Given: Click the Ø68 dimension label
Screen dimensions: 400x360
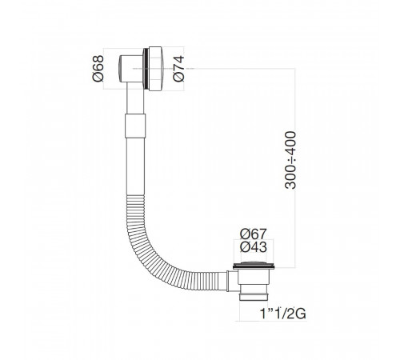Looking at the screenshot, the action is click(98, 69).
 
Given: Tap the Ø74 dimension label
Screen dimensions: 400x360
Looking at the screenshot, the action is click(178, 68).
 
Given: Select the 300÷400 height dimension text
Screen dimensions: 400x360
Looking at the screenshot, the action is click(290, 160).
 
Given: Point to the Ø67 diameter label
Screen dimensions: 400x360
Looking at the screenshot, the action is click(253, 234).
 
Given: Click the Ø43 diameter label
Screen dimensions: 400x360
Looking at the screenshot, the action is click(253, 247).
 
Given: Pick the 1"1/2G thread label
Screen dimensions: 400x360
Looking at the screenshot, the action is click(283, 314).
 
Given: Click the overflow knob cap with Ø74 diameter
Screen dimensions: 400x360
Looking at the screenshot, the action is click(155, 69).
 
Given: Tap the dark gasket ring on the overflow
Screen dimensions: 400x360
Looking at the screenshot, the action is click(146, 69).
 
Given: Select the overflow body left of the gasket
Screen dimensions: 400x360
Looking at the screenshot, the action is click(130, 69).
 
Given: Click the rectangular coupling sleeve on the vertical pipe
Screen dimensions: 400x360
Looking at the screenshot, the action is click(135, 126).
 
